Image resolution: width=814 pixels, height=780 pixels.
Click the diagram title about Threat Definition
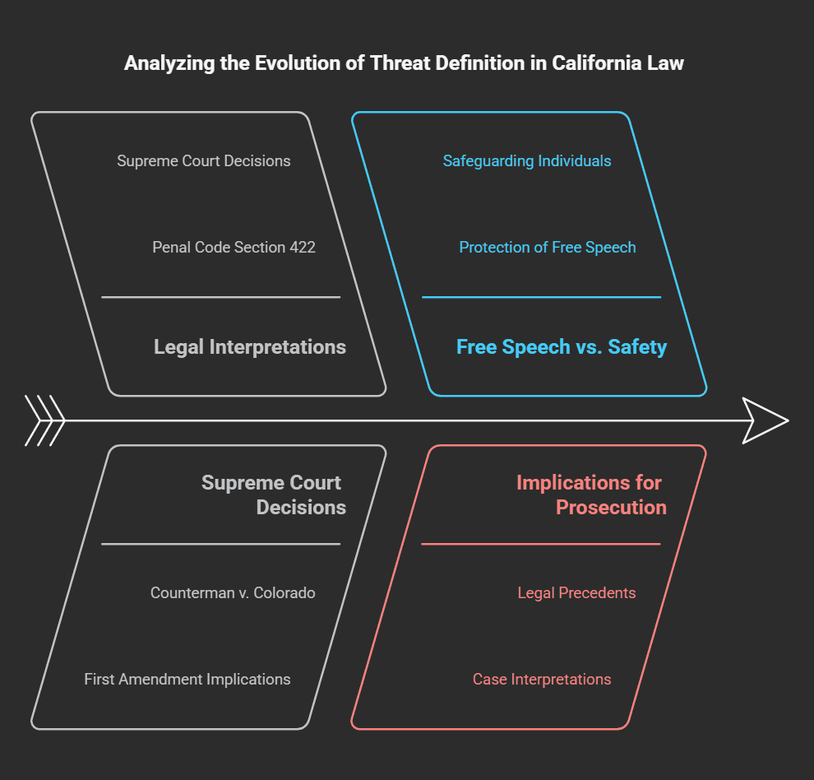(x=404, y=63)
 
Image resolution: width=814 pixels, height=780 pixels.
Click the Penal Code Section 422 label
(x=234, y=247)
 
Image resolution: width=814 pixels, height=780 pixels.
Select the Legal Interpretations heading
(x=250, y=347)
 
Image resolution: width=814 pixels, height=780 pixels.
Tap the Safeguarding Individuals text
(x=527, y=161)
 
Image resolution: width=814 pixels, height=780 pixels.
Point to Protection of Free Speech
(x=548, y=247)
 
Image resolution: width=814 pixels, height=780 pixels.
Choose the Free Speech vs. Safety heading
(x=562, y=347)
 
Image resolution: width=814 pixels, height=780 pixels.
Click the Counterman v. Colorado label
(x=233, y=593)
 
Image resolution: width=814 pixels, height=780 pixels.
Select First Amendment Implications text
(x=187, y=680)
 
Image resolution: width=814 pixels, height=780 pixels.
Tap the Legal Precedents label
(x=576, y=593)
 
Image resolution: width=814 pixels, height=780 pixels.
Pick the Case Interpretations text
(x=542, y=680)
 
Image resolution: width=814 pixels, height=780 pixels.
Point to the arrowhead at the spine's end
(x=765, y=421)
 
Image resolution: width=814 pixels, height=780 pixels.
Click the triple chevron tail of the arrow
(x=45, y=421)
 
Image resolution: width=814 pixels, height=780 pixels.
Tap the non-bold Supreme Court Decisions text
(x=204, y=161)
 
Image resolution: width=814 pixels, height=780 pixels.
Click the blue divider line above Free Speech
(x=541, y=297)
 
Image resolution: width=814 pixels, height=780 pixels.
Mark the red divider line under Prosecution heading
(x=541, y=544)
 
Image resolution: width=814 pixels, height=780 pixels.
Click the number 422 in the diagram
(x=303, y=247)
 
